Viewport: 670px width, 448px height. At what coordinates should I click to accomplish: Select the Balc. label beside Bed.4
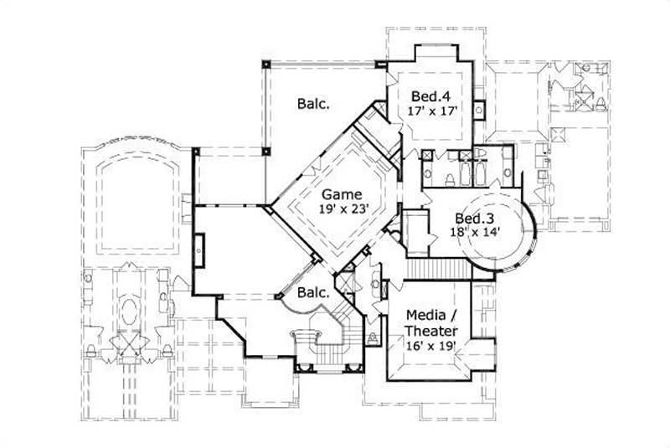pos(312,104)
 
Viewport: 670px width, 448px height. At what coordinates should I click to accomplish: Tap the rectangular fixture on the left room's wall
pos(198,245)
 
